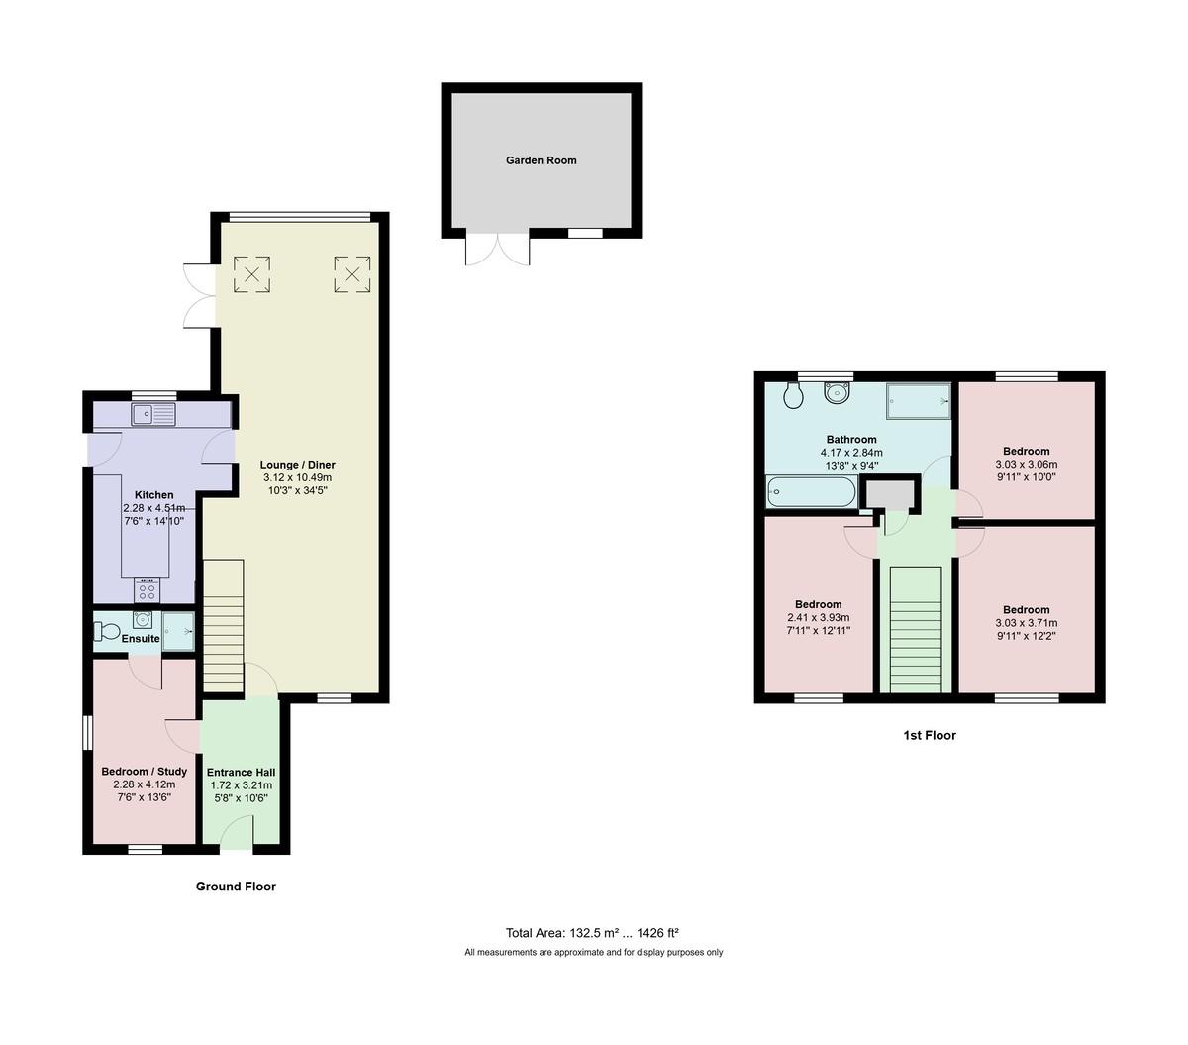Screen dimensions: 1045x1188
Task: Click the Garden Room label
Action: tap(541, 160)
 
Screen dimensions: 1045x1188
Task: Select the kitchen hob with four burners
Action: tap(148, 591)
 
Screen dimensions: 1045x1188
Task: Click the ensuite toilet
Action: tap(104, 630)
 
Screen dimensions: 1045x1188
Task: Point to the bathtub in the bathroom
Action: tap(811, 492)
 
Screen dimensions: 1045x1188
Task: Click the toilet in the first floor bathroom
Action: tap(792, 396)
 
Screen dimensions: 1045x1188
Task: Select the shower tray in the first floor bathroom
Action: tap(917, 401)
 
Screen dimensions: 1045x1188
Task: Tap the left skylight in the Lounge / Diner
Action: tap(251, 274)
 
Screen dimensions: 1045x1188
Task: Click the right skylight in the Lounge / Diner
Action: tap(350, 274)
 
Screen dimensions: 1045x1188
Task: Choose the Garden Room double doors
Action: tap(497, 250)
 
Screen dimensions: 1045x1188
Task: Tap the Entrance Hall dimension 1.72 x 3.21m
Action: tap(241, 785)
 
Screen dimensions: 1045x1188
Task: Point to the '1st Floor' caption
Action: tap(929, 735)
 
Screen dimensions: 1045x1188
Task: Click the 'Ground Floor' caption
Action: tap(236, 887)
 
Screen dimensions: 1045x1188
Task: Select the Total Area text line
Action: tap(592, 932)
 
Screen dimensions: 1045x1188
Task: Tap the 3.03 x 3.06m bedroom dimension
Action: tap(1026, 465)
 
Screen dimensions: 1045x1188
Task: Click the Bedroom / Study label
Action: tap(144, 772)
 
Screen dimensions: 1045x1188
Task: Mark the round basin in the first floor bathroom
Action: tap(839, 393)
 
